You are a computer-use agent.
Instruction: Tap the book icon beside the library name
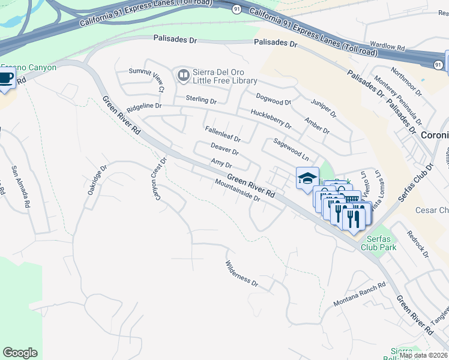pos(182,76)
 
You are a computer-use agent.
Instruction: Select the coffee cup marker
pos(5,79)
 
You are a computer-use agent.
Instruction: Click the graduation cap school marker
pos(307,178)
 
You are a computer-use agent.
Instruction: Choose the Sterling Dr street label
pos(200,100)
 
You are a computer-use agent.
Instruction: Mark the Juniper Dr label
pos(325,108)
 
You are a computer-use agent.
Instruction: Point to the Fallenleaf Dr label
pos(223,133)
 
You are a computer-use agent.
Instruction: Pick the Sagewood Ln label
pos(291,149)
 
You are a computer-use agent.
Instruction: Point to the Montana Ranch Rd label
pos(359,294)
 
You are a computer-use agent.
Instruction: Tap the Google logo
pos(20,353)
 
